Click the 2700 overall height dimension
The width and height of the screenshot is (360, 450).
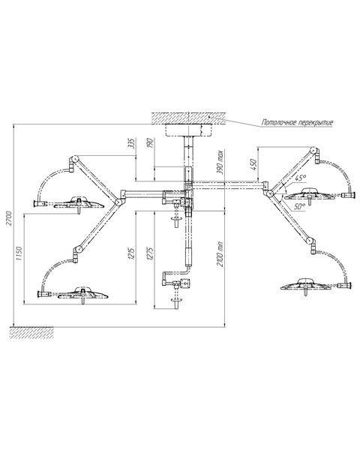[x=9, y=218]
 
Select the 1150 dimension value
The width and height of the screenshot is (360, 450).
[x=19, y=253]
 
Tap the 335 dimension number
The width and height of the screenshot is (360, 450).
[x=131, y=143]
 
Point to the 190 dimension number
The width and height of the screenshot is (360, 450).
[x=151, y=142]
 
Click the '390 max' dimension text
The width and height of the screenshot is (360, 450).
[x=220, y=161]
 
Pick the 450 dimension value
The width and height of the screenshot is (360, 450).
[x=253, y=164]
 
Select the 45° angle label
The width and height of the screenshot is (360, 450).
[x=300, y=178]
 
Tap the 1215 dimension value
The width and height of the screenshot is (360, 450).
[x=131, y=253]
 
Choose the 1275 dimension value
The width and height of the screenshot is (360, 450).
[x=151, y=253]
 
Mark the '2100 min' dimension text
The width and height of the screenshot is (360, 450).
[x=220, y=254]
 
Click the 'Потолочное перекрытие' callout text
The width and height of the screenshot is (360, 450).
[x=298, y=122]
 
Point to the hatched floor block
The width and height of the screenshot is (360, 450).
[x=31, y=332]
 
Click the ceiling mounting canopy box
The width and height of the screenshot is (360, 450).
[x=188, y=130]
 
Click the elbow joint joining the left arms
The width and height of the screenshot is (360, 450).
[x=118, y=202]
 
